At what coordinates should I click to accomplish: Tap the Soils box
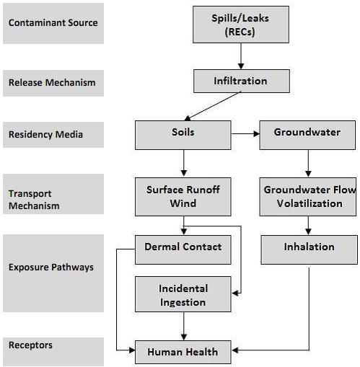point(183,133)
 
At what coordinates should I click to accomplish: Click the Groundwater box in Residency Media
point(308,133)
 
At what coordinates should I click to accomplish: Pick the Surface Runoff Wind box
point(183,196)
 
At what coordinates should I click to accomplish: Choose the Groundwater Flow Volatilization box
point(308,196)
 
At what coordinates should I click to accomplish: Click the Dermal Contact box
point(183,247)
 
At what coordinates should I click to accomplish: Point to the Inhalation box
point(308,247)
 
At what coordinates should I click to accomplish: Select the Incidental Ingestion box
point(183,294)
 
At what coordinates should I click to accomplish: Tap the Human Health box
point(183,352)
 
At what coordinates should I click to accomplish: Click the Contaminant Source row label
point(53,22)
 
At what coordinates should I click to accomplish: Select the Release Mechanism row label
point(53,82)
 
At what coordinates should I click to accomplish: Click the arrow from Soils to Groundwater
point(245,133)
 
